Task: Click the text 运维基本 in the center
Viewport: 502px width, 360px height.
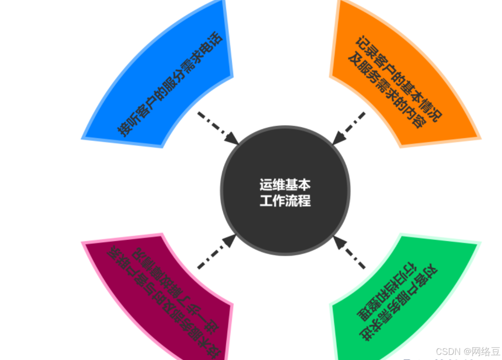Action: (x=285, y=185)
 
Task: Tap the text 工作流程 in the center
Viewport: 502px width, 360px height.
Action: (x=285, y=201)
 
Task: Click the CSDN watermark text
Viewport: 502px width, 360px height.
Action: (x=467, y=351)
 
